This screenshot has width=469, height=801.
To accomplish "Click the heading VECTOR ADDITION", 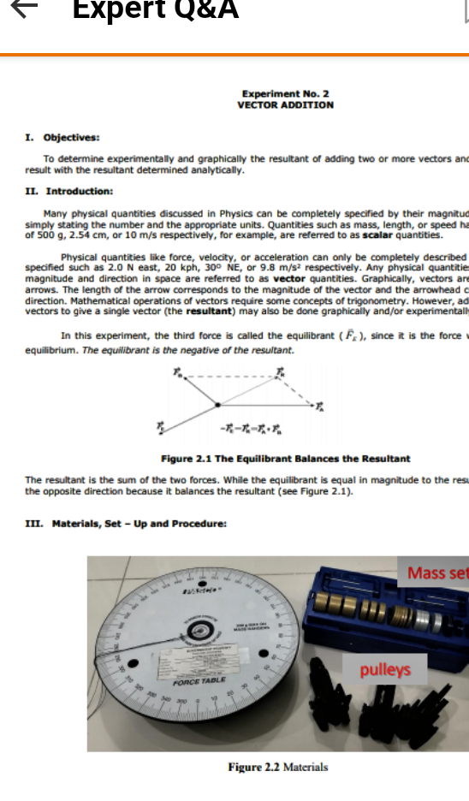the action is tap(285, 104).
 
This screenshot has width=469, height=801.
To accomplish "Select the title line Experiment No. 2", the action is tap(285, 94).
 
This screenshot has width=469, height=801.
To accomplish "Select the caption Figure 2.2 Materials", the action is tap(278, 767).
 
